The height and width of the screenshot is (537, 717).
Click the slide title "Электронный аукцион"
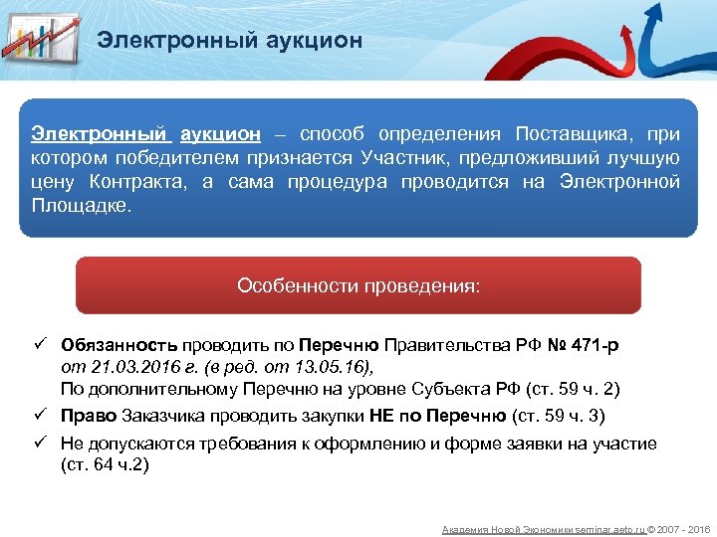229,41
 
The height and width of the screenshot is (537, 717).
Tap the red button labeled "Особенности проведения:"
358,286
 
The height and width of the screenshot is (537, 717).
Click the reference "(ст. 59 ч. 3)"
558,415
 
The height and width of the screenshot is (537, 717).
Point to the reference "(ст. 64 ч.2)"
105,464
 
